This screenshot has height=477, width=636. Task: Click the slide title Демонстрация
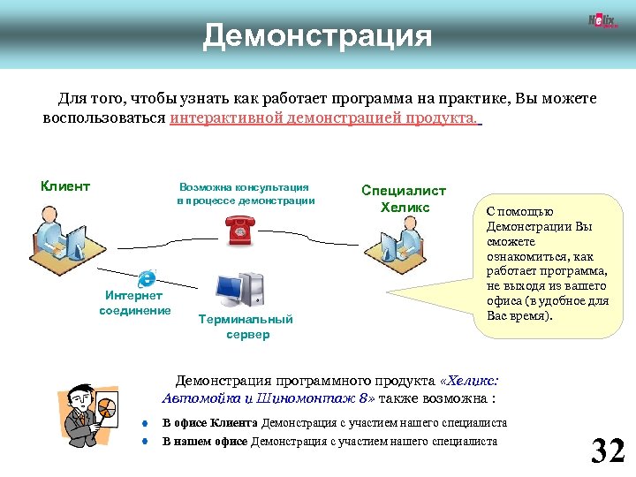click(x=317, y=36)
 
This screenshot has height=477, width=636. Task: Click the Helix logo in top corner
click(x=602, y=22)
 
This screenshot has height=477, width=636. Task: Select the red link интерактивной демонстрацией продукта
click(x=323, y=117)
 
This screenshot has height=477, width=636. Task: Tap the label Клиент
click(x=65, y=185)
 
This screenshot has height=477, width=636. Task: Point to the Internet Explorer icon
click(x=147, y=276)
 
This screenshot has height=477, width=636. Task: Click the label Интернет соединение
click(x=135, y=303)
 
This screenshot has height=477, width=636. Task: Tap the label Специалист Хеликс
click(x=404, y=199)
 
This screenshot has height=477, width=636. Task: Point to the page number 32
click(x=608, y=450)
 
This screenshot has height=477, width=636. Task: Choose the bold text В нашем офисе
click(x=206, y=441)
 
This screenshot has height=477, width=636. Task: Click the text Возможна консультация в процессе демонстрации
click(x=245, y=193)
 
